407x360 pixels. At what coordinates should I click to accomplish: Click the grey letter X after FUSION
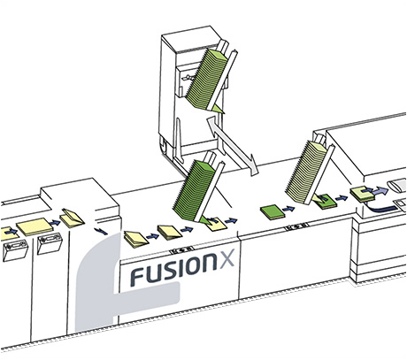click(x=226, y=258)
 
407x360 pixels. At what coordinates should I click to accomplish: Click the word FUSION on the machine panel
click(x=173, y=268)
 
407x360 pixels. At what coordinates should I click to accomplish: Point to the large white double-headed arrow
click(x=233, y=146)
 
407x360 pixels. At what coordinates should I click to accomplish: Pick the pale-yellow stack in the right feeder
click(x=307, y=171)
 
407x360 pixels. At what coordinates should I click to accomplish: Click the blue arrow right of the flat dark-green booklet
click(x=288, y=209)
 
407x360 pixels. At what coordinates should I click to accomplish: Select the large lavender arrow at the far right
click(x=380, y=191)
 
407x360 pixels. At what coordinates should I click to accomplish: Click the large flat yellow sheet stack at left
click(x=32, y=226)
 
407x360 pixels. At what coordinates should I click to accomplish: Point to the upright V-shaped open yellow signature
click(x=72, y=218)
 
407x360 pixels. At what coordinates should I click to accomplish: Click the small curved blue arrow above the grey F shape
click(x=102, y=231)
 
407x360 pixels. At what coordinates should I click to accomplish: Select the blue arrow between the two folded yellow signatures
click(x=152, y=236)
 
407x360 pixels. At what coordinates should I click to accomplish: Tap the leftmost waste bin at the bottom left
click(x=15, y=250)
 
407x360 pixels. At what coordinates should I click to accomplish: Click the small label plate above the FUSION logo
click(x=182, y=249)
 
